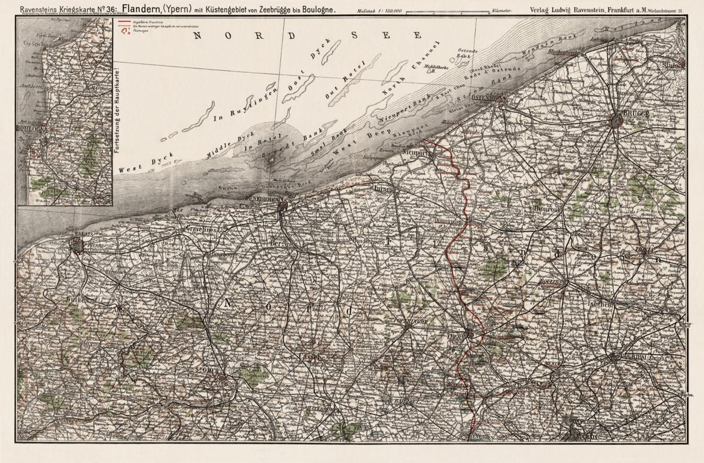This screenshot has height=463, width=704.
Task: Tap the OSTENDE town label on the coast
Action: (486, 97)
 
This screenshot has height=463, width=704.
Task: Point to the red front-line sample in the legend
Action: (125, 22)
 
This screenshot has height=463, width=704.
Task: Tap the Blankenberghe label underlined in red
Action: (569, 51)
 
